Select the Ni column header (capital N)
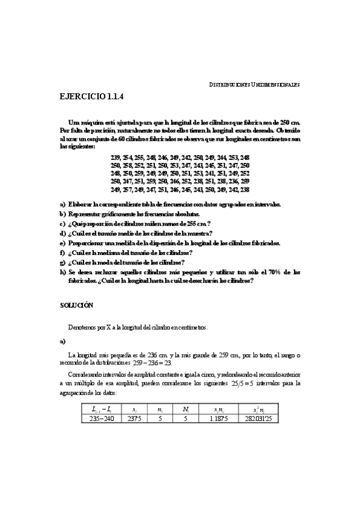(x=187, y=410)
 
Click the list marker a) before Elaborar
(x=63, y=204)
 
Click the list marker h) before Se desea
(x=63, y=272)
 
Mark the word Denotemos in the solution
(x=84, y=328)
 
